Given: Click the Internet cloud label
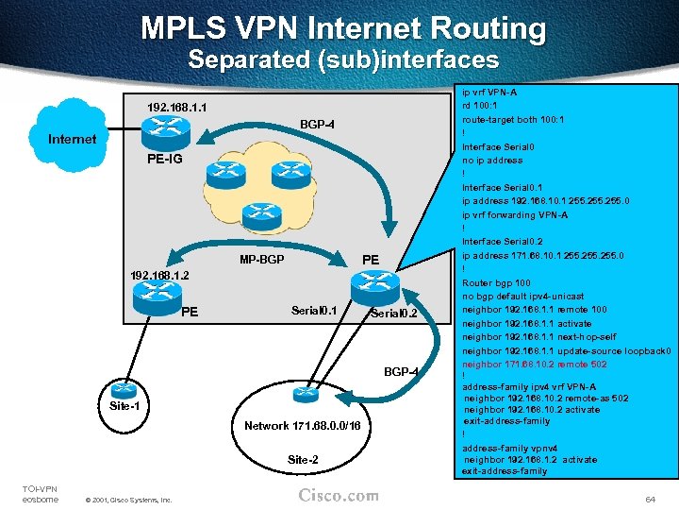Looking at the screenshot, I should (72, 139).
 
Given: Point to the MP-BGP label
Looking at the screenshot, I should (262, 259).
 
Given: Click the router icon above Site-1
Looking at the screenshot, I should (121, 386).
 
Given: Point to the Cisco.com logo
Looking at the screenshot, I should (339, 495).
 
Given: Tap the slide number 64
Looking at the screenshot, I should (649, 498).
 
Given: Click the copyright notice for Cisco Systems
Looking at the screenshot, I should (127, 499).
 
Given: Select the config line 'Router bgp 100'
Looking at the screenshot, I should (496, 283).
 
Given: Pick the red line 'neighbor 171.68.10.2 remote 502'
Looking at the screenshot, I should (534, 365).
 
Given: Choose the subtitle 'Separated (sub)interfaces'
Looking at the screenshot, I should (343, 60).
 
